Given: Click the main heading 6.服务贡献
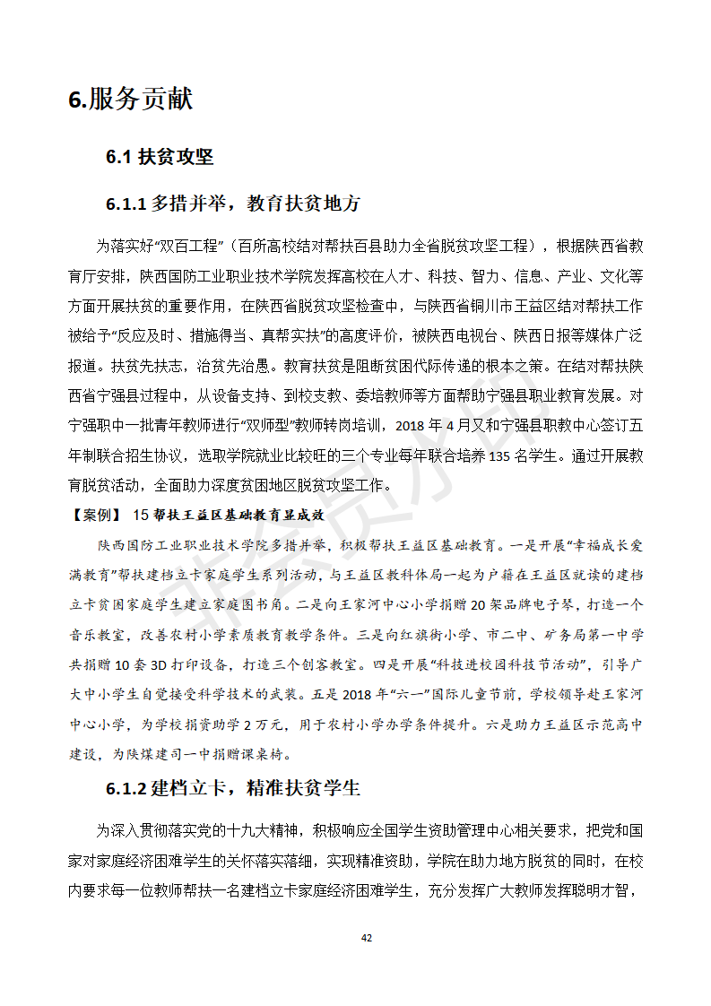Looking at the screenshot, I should coord(130,100).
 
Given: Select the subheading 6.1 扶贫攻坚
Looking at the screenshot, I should coord(160,157).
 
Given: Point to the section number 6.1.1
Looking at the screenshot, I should coord(126,204).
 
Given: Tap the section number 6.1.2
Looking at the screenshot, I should coord(126,789).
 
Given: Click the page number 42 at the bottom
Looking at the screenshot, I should coord(366,938).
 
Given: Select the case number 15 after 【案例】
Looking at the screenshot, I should coord(139,515).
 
